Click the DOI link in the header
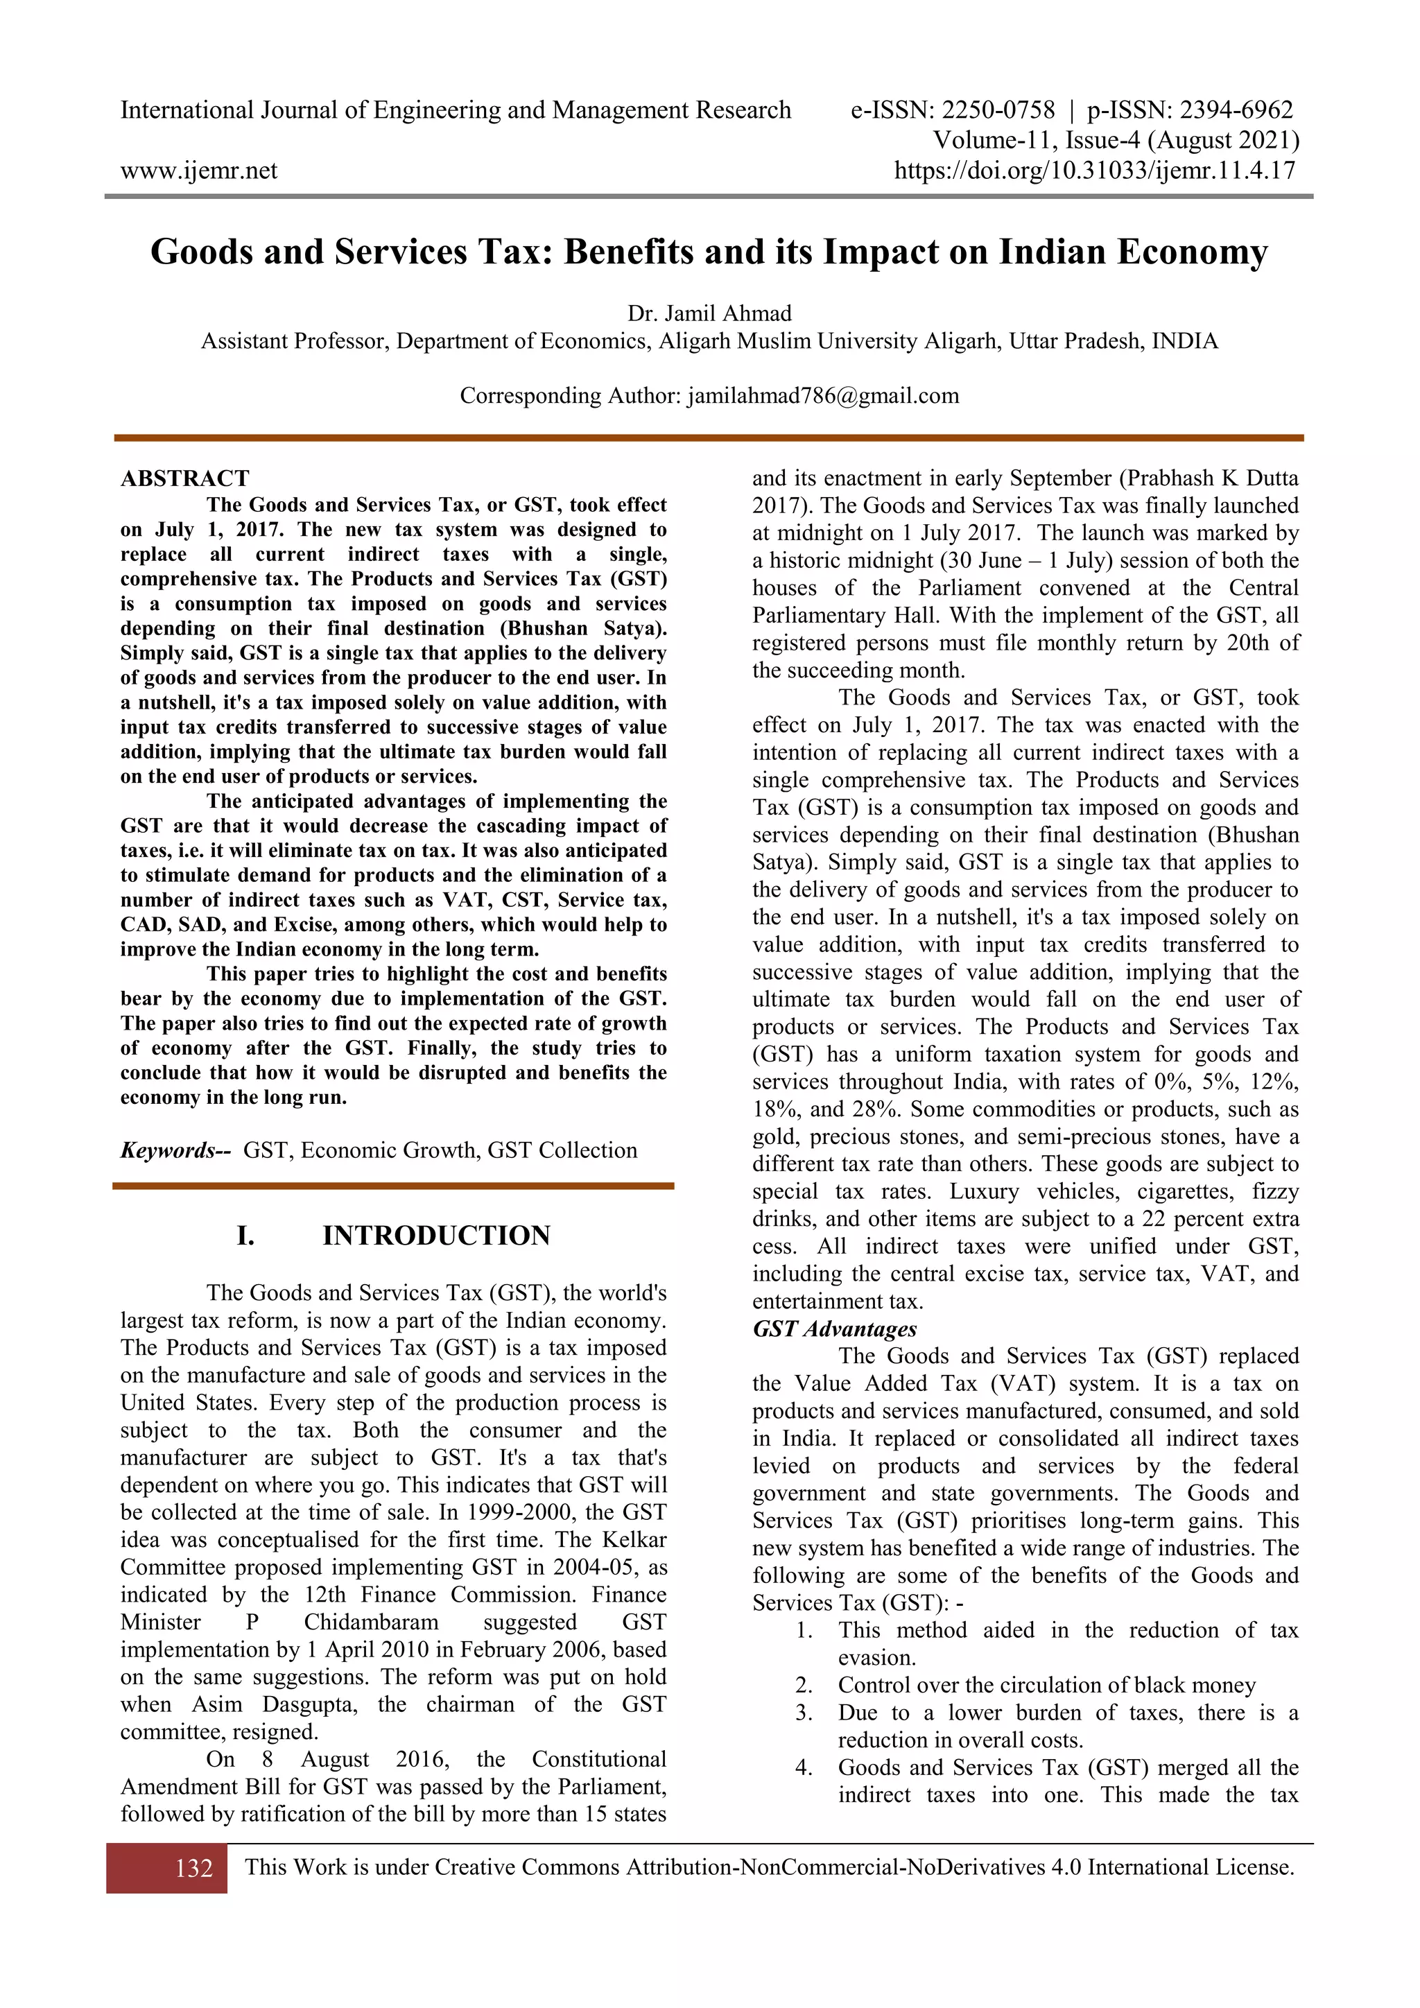point(1094,171)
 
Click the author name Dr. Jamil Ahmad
point(709,313)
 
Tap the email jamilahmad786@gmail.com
point(823,396)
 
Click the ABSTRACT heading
point(184,478)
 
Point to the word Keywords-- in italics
point(175,1150)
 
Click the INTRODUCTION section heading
point(436,1236)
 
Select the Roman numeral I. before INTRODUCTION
point(245,1236)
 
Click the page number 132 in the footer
point(193,1868)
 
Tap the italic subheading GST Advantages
point(834,1328)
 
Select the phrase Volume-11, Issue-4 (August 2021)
point(1116,141)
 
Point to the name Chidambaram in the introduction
point(371,1622)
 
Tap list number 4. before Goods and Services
point(804,1767)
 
